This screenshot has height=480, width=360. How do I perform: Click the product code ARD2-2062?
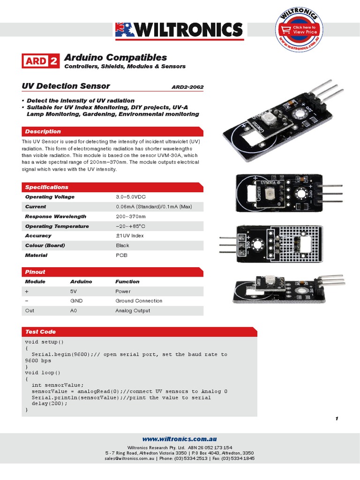187,87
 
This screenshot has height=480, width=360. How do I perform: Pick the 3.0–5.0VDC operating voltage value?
134,197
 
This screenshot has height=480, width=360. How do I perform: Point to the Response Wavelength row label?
55,217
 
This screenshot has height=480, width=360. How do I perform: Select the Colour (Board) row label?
45,246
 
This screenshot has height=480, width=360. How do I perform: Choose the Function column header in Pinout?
127,282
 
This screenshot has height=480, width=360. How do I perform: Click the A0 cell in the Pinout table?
74,311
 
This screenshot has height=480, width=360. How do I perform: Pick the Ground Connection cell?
139,301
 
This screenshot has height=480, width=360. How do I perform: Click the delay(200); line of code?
50,404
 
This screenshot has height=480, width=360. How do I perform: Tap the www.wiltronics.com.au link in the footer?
180,439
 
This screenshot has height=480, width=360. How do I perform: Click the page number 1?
337,419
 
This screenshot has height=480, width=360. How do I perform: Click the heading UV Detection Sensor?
66,86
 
